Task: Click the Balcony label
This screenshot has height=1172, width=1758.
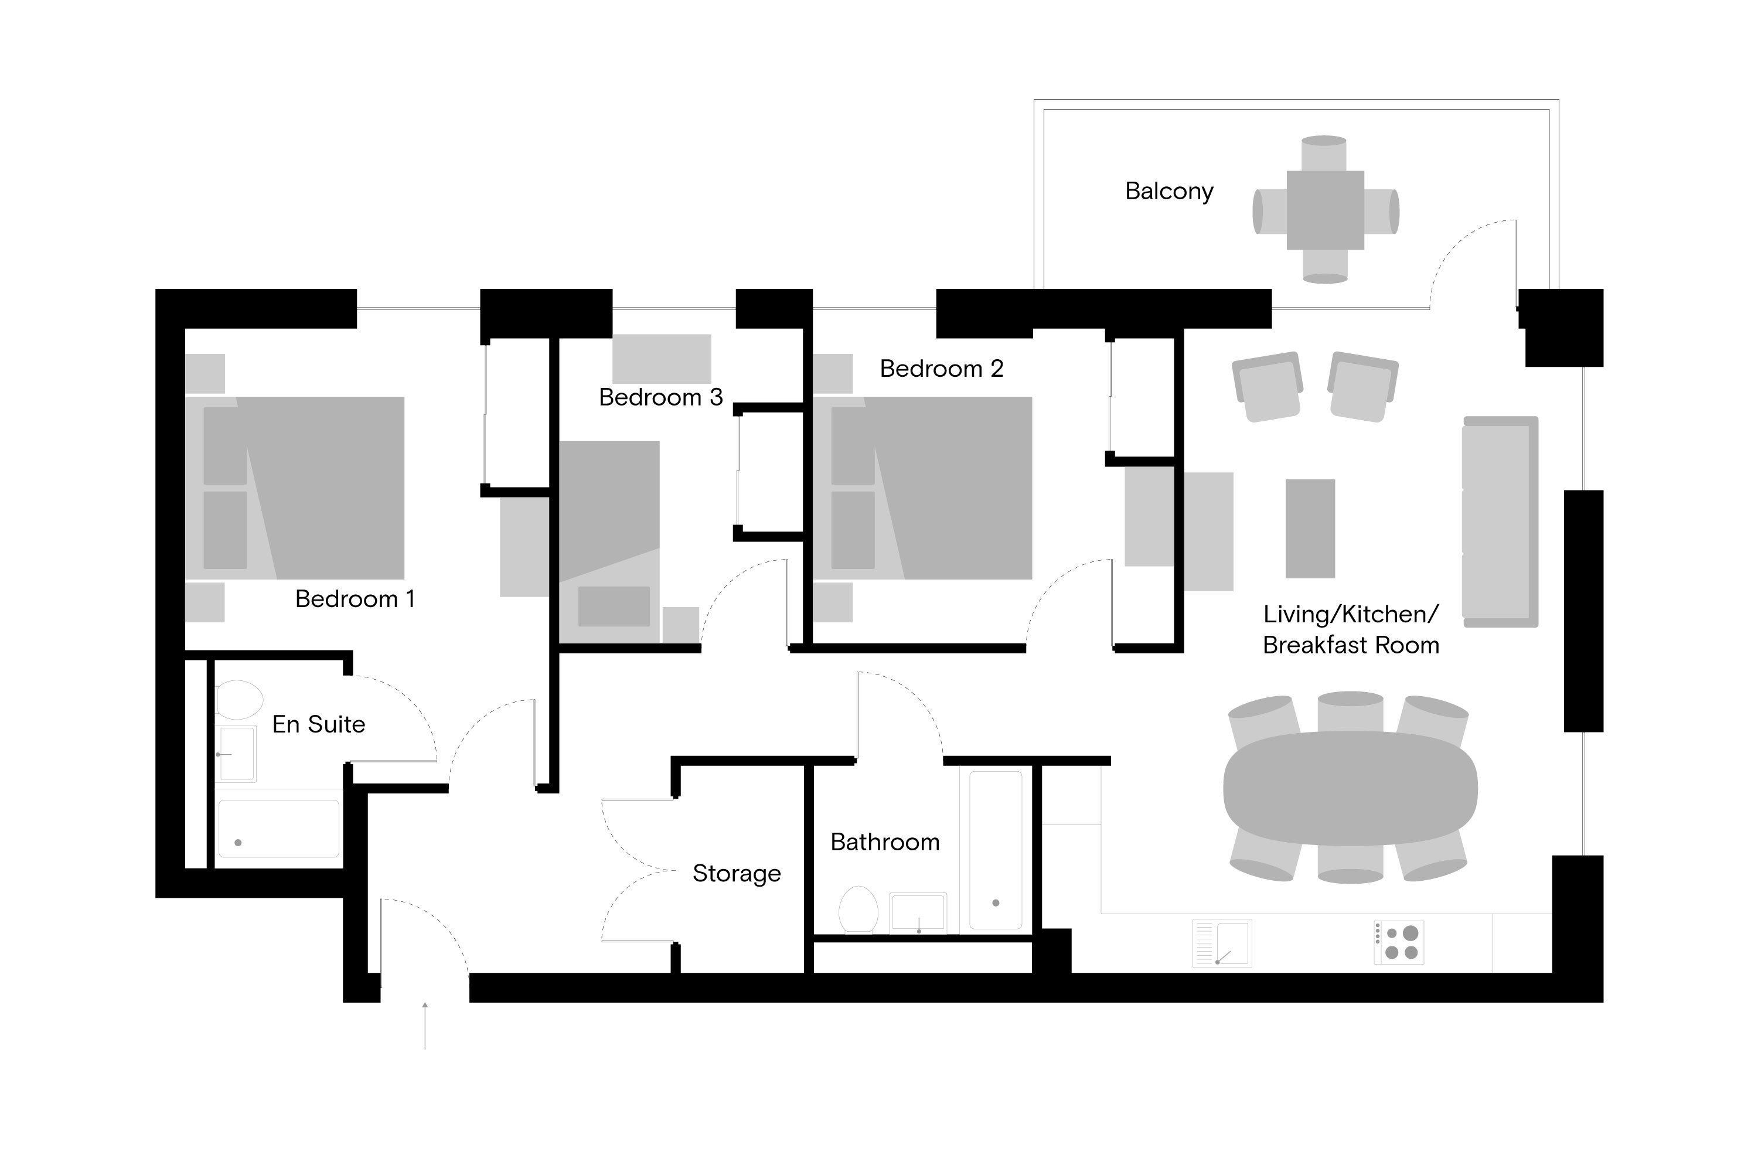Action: coord(1168,192)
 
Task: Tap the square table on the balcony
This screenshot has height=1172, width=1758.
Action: coord(1324,210)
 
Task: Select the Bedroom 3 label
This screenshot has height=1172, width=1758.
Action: coord(661,397)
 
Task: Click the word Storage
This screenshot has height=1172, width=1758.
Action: coord(736,873)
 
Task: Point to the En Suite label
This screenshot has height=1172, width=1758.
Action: coord(318,724)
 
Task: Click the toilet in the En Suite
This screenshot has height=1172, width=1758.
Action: coord(239,700)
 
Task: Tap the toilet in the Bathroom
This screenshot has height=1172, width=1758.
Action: coord(858,909)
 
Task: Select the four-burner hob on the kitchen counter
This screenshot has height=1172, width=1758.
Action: coord(1399,942)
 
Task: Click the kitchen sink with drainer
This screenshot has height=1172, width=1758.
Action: coord(1222,943)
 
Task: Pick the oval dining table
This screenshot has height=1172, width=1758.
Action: coord(1350,789)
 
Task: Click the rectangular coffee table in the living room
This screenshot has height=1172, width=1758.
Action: coord(1310,529)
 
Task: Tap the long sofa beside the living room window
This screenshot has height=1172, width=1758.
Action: coord(1500,522)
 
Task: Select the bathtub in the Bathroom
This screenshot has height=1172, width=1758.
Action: coord(996,850)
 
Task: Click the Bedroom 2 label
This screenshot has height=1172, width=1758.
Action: coord(941,369)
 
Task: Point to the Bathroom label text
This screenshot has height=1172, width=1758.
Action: coord(884,843)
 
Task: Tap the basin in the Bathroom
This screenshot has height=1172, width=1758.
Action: coord(918,912)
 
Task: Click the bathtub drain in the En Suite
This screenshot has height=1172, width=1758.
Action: coord(239,843)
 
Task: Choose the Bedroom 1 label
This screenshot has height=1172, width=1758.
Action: coord(355,599)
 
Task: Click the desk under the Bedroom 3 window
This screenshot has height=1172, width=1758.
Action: coord(662,359)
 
